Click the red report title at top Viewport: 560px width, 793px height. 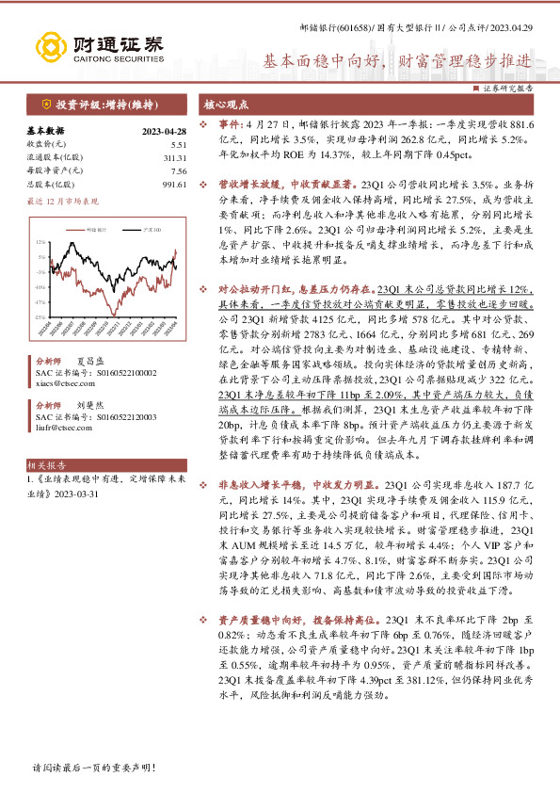tap(395, 58)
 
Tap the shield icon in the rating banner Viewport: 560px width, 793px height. tap(46, 104)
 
